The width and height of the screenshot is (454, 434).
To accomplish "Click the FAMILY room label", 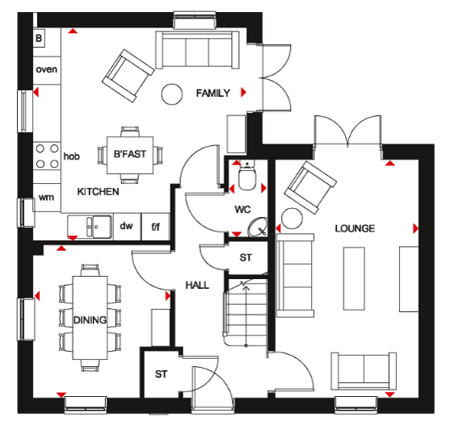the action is [212, 93].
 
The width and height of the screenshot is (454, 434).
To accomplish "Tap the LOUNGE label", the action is [355, 228].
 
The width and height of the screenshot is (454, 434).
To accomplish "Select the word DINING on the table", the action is [90, 319].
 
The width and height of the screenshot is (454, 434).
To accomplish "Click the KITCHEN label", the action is [98, 191].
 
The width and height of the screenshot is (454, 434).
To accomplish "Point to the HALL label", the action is [197, 285].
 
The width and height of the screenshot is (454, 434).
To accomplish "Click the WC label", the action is [242, 209].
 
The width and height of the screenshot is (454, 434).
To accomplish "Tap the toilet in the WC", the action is [247, 175].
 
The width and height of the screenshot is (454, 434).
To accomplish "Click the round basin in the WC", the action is [258, 227].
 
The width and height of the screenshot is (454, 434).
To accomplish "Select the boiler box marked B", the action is [39, 38].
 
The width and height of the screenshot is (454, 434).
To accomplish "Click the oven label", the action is [46, 69].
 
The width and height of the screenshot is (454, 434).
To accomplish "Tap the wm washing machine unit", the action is [47, 198].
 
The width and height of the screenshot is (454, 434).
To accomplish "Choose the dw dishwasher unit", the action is [127, 227].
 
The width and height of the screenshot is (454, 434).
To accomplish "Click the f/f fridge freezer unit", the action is [155, 227].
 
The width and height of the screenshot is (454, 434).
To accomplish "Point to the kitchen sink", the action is [90, 227].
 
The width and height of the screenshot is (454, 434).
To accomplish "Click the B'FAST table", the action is [130, 155].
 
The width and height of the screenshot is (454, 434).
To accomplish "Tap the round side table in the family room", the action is [172, 94].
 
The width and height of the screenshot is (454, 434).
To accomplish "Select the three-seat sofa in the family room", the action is [197, 50].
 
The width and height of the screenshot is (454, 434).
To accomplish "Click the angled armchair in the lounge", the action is [310, 187].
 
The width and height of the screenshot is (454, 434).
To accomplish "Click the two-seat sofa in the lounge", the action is [364, 371].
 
